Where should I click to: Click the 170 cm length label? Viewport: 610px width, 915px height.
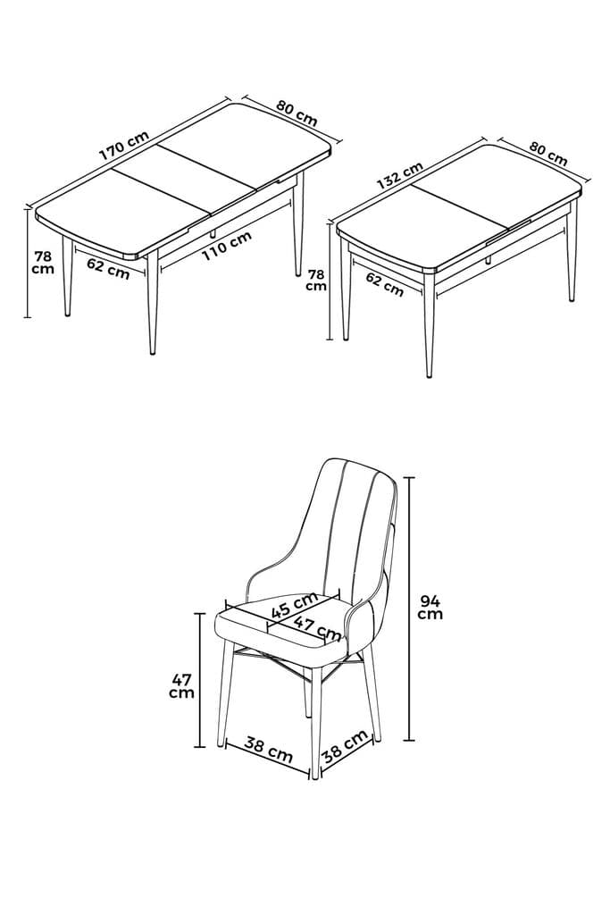pyautogui.click(x=124, y=146)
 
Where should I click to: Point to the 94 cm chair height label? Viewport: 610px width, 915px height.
pyautogui.click(x=431, y=607)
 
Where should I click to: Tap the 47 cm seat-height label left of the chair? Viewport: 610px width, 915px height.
pyautogui.click(x=181, y=685)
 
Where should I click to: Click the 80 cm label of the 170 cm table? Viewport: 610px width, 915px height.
pyautogui.click(x=296, y=113)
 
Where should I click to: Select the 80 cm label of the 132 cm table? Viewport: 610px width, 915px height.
pyautogui.click(x=547, y=154)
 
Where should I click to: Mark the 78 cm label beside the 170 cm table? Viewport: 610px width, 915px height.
pyautogui.click(x=42, y=263)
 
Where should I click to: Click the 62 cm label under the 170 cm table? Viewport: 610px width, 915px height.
pyautogui.click(x=108, y=268)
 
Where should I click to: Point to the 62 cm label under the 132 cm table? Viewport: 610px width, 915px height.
pyautogui.click(x=385, y=284)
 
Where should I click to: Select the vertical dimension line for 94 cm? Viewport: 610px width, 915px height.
pyautogui.click(x=410, y=608)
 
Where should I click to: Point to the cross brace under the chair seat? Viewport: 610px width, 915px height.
pyautogui.click(x=295, y=666)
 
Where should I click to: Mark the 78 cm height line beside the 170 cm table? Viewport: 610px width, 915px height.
pyautogui.click(x=27, y=263)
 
